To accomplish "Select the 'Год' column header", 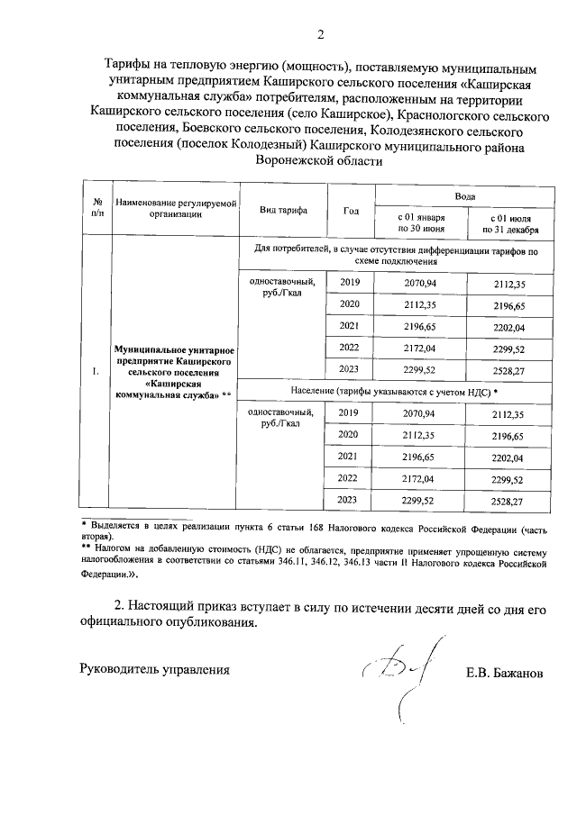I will [x=351, y=211].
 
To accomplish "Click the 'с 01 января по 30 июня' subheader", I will [x=421, y=223].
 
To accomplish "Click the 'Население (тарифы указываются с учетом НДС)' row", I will [x=395, y=393].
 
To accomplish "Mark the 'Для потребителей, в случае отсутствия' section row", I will [x=395, y=256].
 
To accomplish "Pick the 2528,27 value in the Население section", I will [x=508, y=500].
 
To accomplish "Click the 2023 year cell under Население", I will [x=348, y=500].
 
